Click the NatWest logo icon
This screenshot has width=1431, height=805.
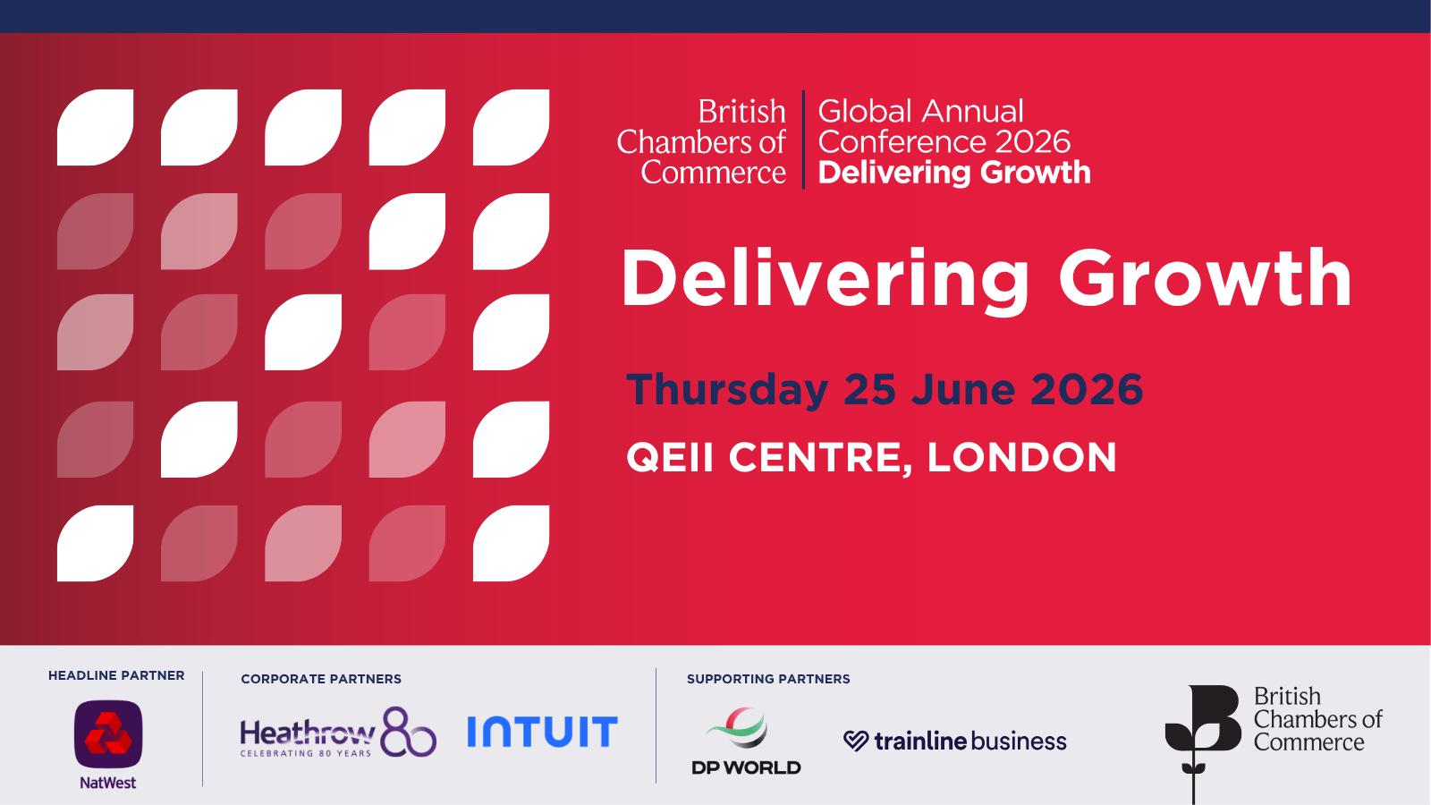pos(108,734)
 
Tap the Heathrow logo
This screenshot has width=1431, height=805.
pos(338,733)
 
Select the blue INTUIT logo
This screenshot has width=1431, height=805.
pos(542,732)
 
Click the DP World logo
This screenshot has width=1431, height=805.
pos(746,741)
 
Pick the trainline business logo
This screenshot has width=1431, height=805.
pos(954,741)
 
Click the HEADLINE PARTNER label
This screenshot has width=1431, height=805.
pos(116,675)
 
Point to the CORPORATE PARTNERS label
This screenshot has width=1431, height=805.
pos(321,679)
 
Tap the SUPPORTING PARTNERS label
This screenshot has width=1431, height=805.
pos(768,679)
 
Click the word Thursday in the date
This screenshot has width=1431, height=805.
pos(727,390)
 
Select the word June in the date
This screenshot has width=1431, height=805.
pos(962,389)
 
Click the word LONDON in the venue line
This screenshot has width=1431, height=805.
pos(1021,457)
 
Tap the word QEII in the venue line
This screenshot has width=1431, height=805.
pos(670,457)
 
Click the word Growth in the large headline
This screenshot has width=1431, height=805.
pos(1205,278)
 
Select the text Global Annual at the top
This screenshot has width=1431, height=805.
pos(920,111)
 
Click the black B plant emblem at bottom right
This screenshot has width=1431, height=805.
pos(1202,741)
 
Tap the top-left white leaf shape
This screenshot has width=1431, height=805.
pos(95,127)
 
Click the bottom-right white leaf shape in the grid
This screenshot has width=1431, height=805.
pos(511,543)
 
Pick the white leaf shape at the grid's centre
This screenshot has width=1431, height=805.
pos(303,332)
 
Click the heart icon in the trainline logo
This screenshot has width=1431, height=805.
pos(855,741)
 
